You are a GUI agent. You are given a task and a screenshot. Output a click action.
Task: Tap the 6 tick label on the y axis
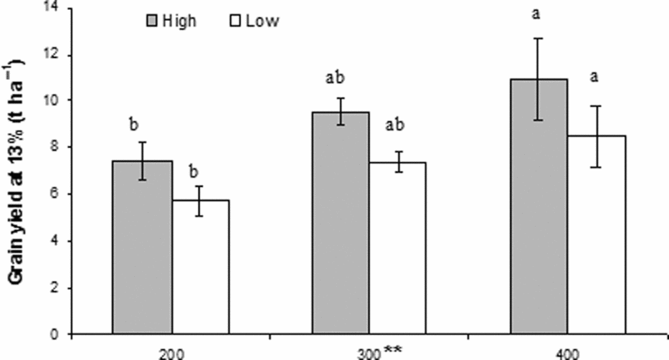tap(60, 194)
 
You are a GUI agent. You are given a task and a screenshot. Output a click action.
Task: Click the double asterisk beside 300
tap(392, 349)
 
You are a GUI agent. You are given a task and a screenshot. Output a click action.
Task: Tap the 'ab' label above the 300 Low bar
tap(397, 125)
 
